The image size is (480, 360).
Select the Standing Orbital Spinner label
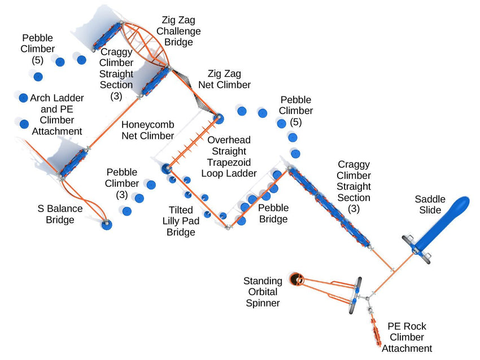click(x=263, y=292)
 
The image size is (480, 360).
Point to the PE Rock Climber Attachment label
click(x=407, y=337)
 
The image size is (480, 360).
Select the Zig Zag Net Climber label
click(x=224, y=79)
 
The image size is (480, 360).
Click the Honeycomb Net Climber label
click(x=148, y=130)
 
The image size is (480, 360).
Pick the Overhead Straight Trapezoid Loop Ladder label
click(x=229, y=156)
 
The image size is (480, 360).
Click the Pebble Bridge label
click(x=273, y=213)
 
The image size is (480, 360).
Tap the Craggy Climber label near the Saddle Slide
click(x=354, y=186)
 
